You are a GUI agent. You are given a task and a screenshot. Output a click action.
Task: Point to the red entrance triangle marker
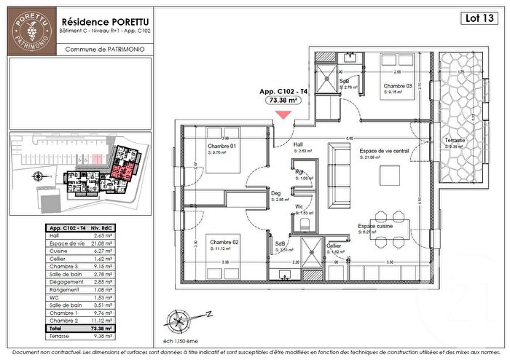282,113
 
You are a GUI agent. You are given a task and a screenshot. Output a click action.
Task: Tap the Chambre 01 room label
221,146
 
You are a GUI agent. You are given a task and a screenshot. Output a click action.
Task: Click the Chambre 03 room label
399,86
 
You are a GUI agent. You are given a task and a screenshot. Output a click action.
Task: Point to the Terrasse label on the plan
458,140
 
